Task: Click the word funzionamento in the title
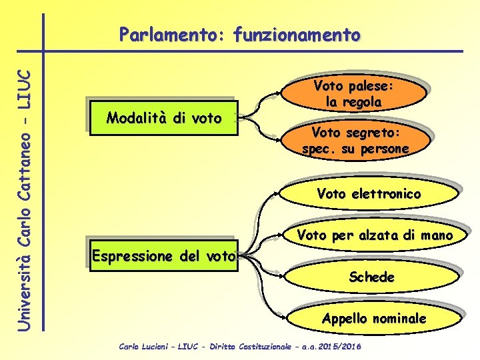(297, 34)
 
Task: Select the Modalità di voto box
(164, 119)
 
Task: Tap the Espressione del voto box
(164, 255)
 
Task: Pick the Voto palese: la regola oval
(354, 94)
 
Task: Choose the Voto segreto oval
(355, 141)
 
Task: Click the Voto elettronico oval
(369, 194)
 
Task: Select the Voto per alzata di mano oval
(375, 235)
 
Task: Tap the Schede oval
(371, 277)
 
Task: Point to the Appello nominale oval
(373, 319)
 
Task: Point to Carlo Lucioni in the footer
(141, 347)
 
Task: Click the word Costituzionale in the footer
(253, 347)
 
